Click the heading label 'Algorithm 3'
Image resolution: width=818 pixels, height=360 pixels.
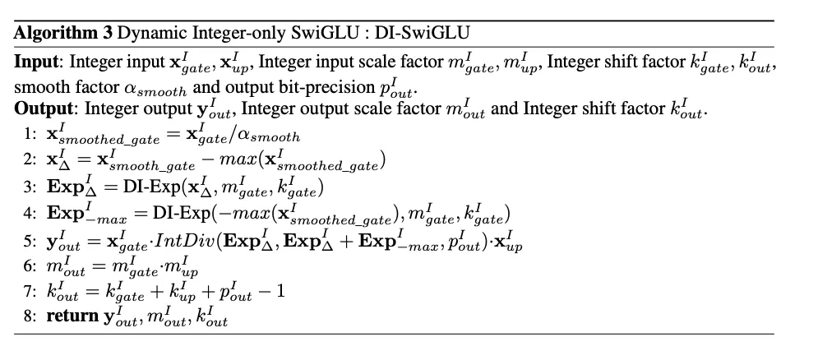pos(62,33)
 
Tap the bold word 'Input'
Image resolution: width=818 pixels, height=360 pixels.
pos(36,62)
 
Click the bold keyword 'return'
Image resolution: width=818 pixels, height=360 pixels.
pos(72,316)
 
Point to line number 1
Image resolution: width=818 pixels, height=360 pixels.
pos(30,134)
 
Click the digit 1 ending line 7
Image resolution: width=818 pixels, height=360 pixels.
pos(280,290)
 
